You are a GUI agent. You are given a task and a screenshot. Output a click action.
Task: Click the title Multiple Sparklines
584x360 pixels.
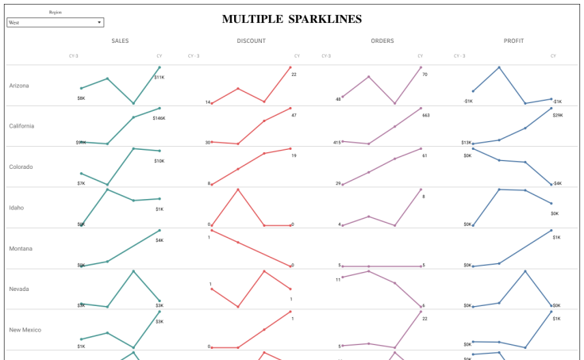coord(292,19)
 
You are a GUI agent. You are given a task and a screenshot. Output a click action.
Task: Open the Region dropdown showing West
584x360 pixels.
coord(55,23)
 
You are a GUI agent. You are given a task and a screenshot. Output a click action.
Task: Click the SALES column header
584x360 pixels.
coord(121,40)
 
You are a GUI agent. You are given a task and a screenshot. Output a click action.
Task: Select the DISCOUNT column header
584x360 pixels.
coord(251,40)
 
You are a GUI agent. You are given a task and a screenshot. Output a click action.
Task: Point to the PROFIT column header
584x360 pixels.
coord(513,40)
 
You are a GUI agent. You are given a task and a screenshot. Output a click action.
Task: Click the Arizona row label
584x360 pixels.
coord(20,86)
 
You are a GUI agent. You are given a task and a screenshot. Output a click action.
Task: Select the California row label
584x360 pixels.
coord(21,126)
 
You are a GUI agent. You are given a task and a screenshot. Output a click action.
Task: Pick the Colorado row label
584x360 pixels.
coord(21,167)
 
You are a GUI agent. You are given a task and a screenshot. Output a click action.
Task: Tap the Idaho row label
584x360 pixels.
coord(17,208)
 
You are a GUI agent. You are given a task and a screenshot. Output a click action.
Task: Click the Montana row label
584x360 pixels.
coord(21,248)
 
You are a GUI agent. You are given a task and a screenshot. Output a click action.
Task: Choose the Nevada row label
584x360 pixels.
coord(19,289)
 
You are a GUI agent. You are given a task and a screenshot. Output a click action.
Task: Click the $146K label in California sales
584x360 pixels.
coord(159,117)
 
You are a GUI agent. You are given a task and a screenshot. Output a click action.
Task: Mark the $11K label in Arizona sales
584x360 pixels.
coord(159,77)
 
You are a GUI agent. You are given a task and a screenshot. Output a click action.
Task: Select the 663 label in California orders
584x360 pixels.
coord(425,116)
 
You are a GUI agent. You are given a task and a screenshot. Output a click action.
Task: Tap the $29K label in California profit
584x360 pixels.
coord(557,116)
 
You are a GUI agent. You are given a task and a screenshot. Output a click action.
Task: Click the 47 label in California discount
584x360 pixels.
coord(294,116)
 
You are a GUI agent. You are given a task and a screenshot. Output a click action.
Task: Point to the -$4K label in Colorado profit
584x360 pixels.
coord(557,183)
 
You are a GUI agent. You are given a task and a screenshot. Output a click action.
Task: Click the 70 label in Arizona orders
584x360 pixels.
coord(425,75)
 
